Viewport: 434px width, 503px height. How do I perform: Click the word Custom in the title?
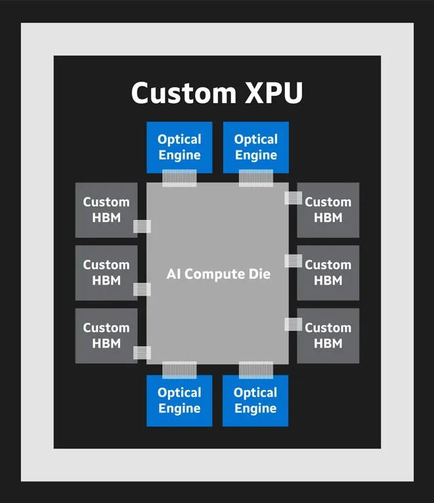[x=174, y=93]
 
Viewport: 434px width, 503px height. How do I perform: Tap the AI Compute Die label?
[x=218, y=273]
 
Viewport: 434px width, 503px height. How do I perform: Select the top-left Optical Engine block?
[x=179, y=147]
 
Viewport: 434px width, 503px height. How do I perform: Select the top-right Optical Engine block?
[x=255, y=147]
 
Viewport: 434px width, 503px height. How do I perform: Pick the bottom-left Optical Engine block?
[x=179, y=401]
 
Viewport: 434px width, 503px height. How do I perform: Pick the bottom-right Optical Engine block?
[x=255, y=401]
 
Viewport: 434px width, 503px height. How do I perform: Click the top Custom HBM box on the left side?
[x=106, y=210]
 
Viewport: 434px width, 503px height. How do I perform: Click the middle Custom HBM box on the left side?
[x=106, y=273]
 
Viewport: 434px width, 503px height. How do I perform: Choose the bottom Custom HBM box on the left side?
[x=106, y=336]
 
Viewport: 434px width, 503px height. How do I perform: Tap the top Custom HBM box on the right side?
[x=328, y=210]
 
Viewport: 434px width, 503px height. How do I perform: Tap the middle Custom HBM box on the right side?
[x=328, y=273]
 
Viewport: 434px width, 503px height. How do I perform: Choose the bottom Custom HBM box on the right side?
[x=328, y=336]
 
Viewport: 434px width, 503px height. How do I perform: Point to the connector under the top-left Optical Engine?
[x=179, y=178]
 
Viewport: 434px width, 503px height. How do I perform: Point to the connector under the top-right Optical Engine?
[x=255, y=178]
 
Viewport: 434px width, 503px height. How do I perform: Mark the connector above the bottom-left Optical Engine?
[x=179, y=370]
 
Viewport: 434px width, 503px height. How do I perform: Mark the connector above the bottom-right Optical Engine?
[x=255, y=370]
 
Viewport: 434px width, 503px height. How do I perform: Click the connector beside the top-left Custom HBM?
[x=142, y=227]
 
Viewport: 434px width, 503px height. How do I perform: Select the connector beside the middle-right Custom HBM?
[x=293, y=261]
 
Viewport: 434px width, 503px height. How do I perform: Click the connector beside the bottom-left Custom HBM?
[x=142, y=353]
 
